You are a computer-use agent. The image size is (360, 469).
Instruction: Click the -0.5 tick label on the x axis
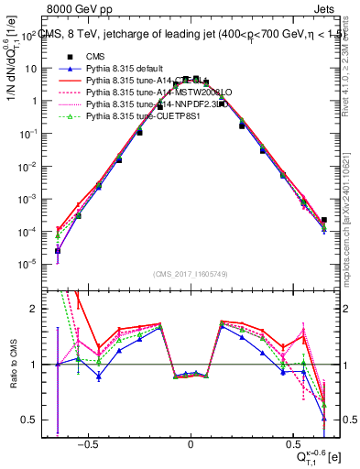[86, 442]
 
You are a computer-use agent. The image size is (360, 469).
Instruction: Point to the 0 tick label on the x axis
[191, 442]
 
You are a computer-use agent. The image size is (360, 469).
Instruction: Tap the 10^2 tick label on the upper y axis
[29, 37]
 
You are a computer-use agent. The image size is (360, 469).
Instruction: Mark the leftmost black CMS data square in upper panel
[58, 250]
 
